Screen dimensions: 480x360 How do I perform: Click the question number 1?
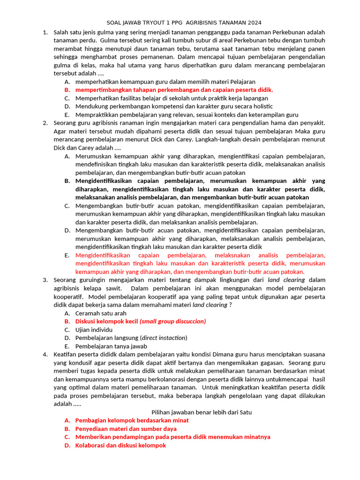45,32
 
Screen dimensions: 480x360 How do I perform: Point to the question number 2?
45,123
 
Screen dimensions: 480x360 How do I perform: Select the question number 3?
45,280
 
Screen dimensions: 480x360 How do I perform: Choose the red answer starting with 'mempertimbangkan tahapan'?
174,90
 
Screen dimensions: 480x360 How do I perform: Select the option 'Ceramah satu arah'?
101,313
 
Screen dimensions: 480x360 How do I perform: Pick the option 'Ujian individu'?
94,330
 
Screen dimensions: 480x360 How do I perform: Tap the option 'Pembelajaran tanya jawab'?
108,346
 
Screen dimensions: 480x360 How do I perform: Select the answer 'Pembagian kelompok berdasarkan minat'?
132,420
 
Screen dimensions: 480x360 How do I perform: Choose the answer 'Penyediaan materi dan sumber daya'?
126,429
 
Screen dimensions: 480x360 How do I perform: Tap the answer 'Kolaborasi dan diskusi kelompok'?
120,445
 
